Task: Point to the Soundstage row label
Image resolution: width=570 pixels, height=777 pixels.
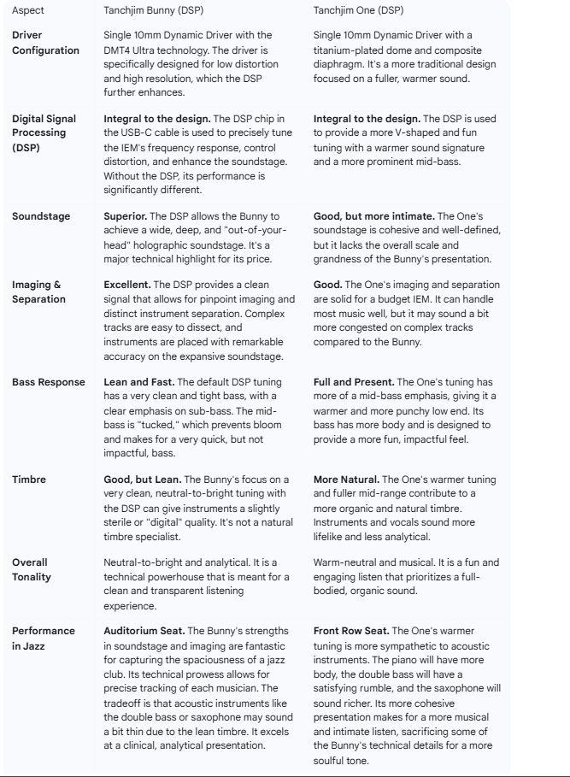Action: [x=41, y=217]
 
